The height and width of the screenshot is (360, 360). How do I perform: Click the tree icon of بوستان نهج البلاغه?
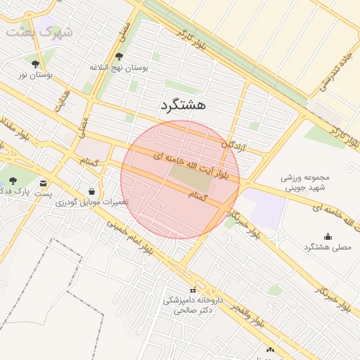click(119, 57)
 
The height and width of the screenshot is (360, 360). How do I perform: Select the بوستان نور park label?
click(36, 74)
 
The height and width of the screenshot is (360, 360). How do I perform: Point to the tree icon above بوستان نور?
click(36, 63)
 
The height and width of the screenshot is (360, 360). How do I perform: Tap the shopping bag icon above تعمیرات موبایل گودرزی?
click(92, 191)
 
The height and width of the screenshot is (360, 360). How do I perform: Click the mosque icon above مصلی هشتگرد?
click(328, 236)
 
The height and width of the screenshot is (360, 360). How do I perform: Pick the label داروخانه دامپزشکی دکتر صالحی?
click(193, 304)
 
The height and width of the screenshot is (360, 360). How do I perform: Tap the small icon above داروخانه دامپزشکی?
click(193, 291)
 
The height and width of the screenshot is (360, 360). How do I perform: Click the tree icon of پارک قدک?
click(13, 181)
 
